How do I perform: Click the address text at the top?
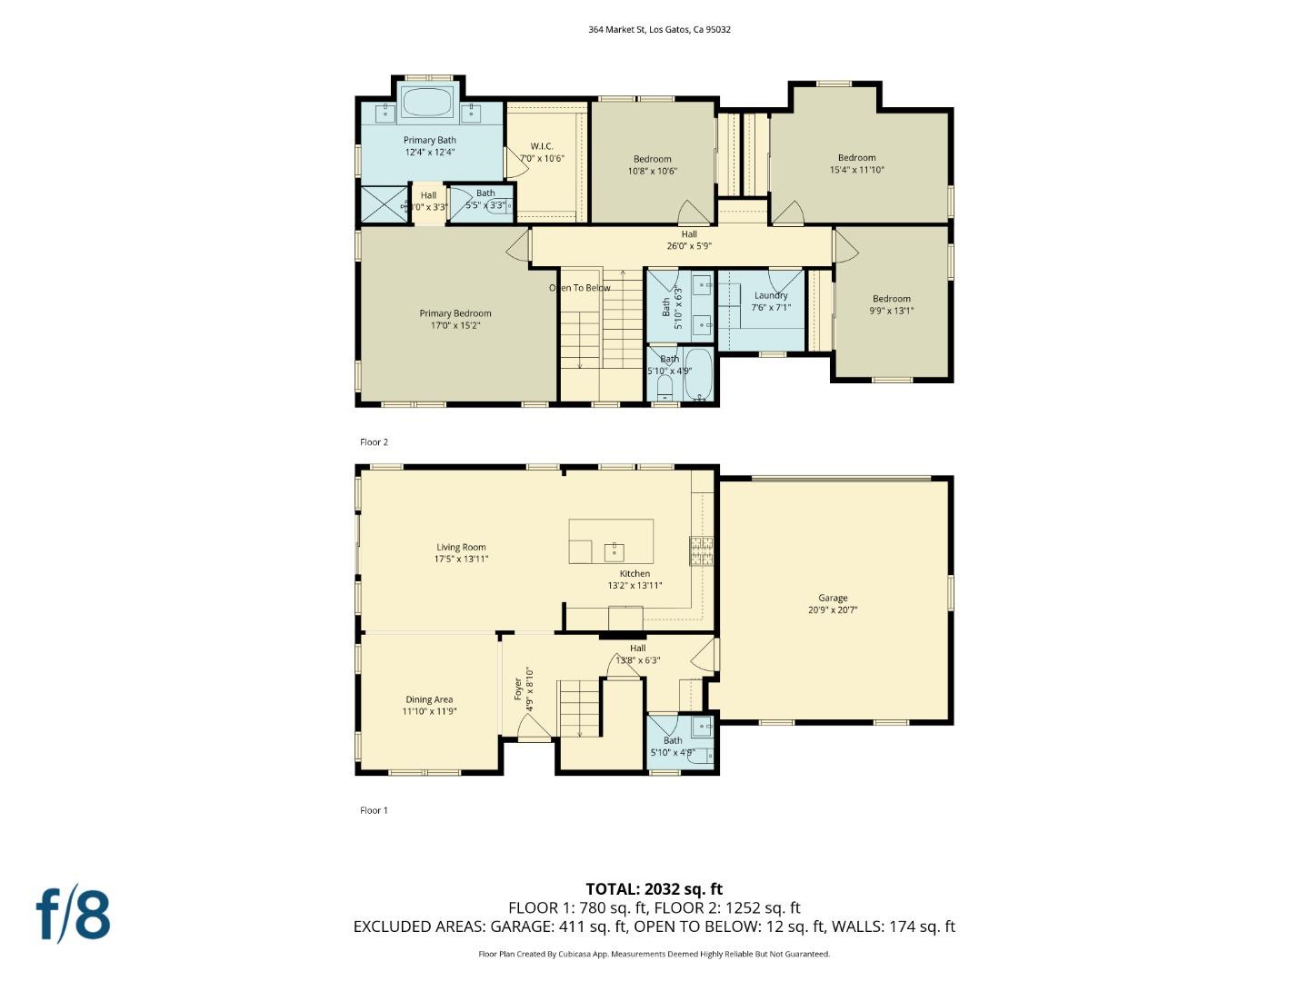pos(659,29)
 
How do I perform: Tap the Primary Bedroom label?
pos(455,319)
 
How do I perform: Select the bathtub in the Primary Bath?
pos(427,103)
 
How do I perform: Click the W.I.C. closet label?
pos(542,152)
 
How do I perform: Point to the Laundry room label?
pos(771,301)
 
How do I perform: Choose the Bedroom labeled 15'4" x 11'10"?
pos(856,163)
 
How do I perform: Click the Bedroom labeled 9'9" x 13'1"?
pos(891,304)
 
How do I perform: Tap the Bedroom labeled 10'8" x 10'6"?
pos(653,164)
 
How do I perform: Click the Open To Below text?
pos(580,288)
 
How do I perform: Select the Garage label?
pos(833,603)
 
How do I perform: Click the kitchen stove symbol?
pos(701,551)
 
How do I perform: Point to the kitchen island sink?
pos(615,550)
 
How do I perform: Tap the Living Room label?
pos(461,552)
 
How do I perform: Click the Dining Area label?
pos(429,705)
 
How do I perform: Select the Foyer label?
pos(524,688)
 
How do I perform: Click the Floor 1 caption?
pos(374,810)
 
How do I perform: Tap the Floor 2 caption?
pos(374,442)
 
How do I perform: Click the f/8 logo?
pos(74,915)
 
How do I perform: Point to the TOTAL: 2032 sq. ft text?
pos(654,889)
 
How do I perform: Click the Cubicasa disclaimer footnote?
pos(654,954)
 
